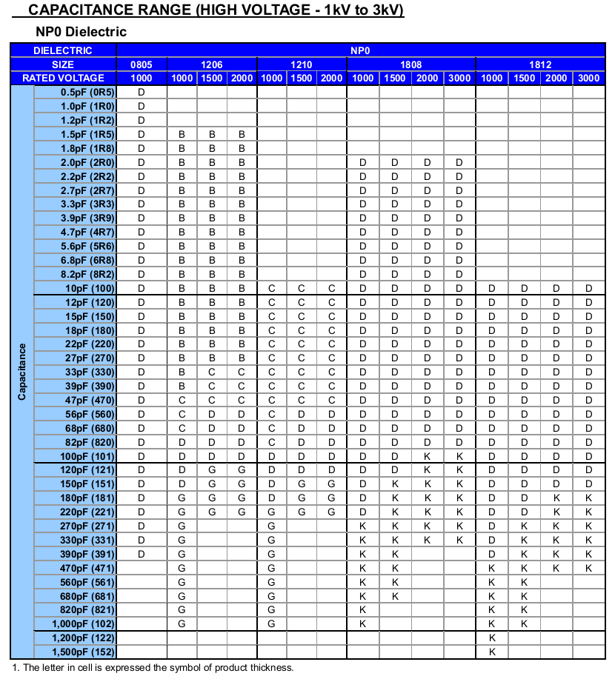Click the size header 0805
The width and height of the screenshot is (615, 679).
(x=141, y=64)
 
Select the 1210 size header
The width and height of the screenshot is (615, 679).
(x=302, y=64)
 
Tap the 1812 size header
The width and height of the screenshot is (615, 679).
(x=539, y=64)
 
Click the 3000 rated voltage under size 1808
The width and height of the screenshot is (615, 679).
(x=459, y=78)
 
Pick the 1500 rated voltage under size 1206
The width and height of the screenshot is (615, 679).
(x=211, y=78)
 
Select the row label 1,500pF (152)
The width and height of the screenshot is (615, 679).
(x=83, y=652)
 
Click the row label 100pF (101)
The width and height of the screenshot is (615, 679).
(x=87, y=456)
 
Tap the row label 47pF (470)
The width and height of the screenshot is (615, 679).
(x=88, y=400)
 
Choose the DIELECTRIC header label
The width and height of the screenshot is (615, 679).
(x=63, y=50)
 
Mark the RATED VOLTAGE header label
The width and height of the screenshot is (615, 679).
(x=63, y=78)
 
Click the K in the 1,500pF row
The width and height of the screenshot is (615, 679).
(x=491, y=652)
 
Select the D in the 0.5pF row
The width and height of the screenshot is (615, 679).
(x=141, y=92)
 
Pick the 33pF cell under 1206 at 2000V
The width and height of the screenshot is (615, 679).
(x=242, y=372)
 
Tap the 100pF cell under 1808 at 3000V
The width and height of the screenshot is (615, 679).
(x=459, y=456)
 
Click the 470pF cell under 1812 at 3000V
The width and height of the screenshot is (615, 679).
(x=589, y=568)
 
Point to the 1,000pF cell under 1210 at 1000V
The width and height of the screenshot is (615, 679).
(x=271, y=623)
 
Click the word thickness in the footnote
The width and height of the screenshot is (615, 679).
(x=273, y=668)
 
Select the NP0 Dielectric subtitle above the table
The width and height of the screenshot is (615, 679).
(x=81, y=32)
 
